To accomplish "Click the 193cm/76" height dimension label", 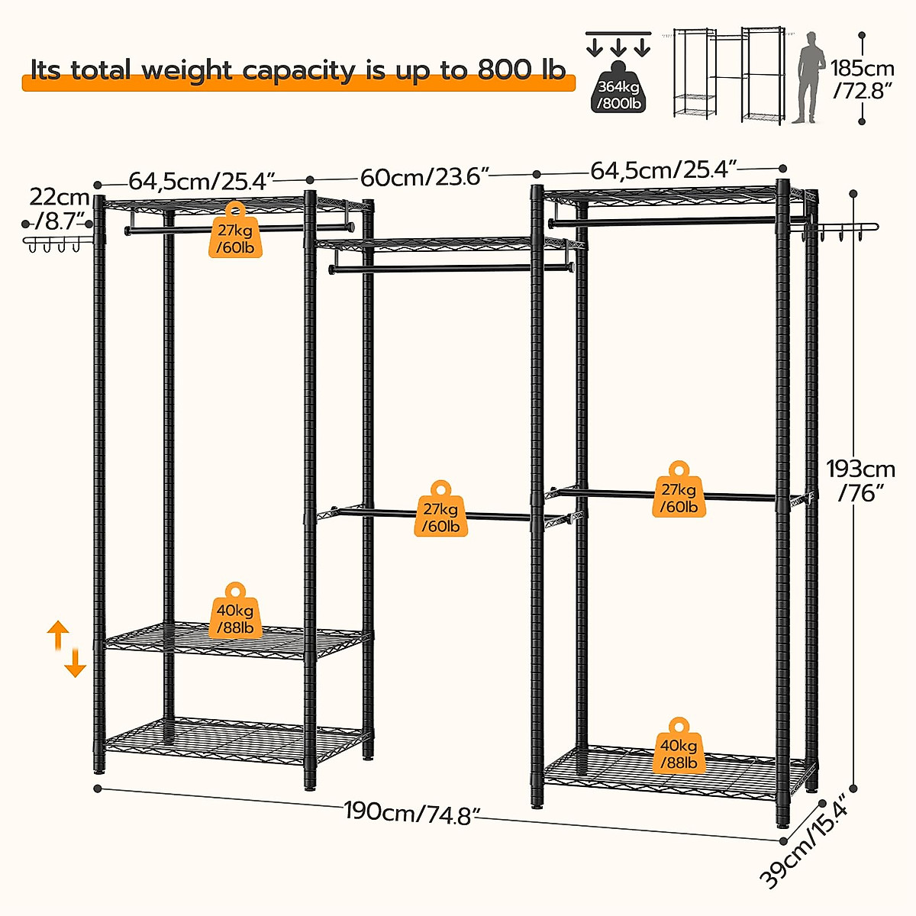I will click(x=861, y=480).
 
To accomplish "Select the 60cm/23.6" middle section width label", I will click(x=424, y=177).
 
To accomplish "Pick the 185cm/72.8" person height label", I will click(x=863, y=79).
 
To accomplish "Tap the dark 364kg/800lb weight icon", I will click(x=618, y=94).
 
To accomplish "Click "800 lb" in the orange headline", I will click(x=521, y=70).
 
